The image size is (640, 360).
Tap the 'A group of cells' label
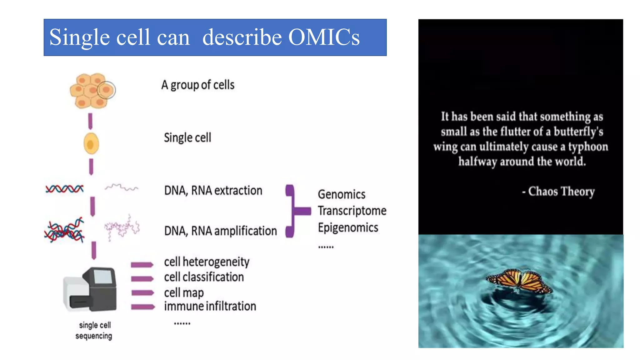click(x=198, y=85)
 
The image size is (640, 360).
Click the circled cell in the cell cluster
click(x=106, y=90)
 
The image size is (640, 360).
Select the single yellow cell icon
click(x=91, y=144)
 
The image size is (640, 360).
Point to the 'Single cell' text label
click(x=187, y=137)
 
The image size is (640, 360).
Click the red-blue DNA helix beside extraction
click(x=65, y=189)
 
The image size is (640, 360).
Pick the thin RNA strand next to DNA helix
click(x=121, y=187)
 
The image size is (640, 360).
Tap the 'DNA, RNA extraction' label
click(x=213, y=191)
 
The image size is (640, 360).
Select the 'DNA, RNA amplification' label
click(x=220, y=231)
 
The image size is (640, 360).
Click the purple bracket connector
click(x=294, y=211)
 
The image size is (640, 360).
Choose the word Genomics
click(x=342, y=194)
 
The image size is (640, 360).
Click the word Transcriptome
click(x=352, y=211)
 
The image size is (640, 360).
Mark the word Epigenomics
click(x=348, y=227)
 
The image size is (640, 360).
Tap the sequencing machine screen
click(x=102, y=277)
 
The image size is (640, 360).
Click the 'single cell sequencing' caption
click(x=94, y=330)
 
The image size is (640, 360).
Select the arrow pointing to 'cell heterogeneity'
click(x=142, y=265)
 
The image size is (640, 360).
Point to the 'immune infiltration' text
click(x=210, y=306)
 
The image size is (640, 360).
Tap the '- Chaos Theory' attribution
click(x=558, y=191)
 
